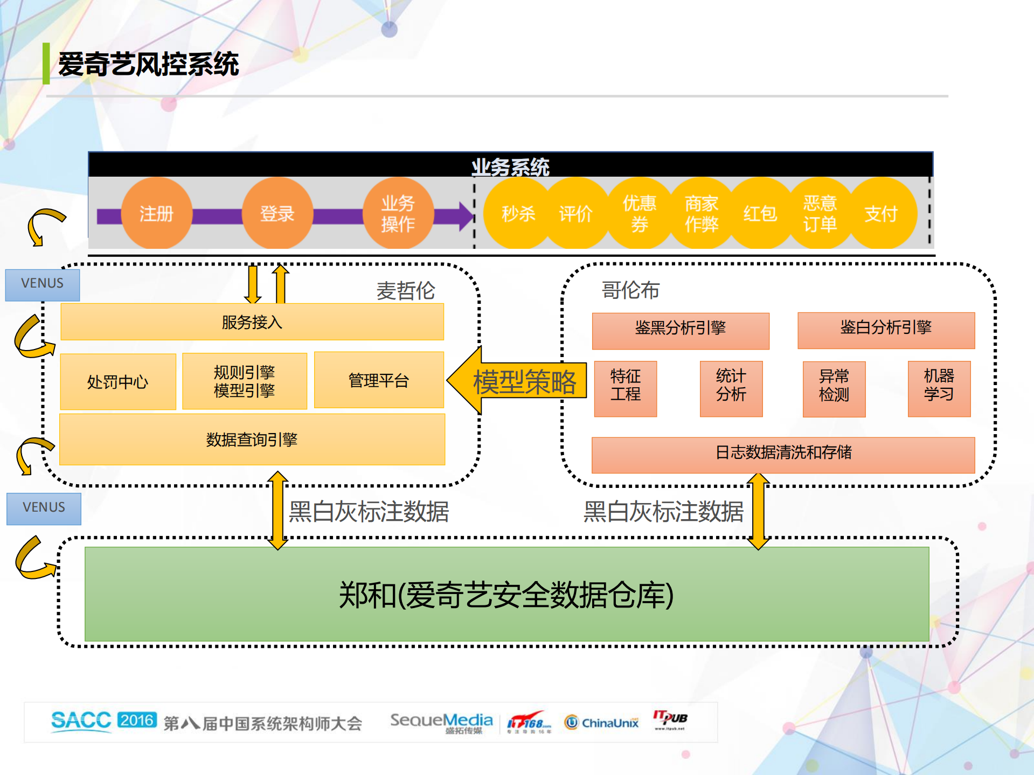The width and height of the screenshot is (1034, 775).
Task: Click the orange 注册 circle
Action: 156,214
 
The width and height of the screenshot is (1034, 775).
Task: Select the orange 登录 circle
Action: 277,214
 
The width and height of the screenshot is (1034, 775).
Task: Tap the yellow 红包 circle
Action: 760,214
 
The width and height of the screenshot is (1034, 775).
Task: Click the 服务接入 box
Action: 252,322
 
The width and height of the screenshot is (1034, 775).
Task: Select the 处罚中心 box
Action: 117,382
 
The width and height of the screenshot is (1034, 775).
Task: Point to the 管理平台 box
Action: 378,380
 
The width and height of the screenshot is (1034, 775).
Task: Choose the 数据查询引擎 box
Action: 252,439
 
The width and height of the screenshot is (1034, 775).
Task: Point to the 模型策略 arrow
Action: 517,381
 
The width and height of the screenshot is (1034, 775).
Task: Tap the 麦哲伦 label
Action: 405,291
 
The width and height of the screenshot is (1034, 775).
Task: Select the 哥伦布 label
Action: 630,290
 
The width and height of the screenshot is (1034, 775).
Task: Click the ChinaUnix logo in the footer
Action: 601,723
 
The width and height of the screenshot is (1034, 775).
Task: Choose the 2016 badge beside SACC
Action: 137,720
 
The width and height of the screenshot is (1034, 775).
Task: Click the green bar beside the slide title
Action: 46,64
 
